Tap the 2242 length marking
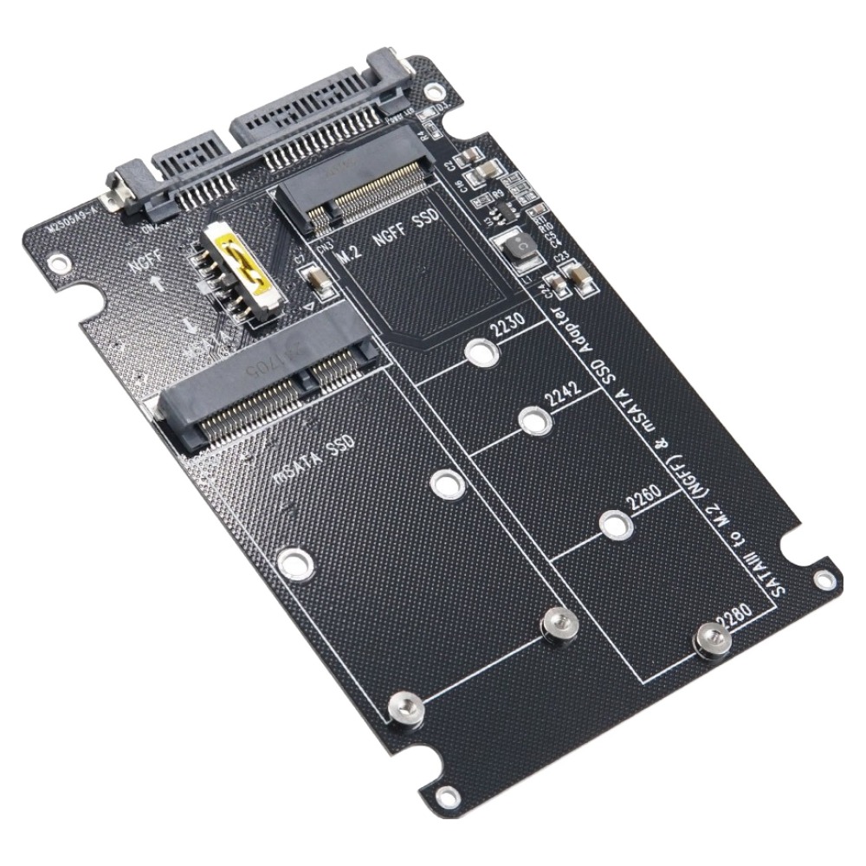(562, 397)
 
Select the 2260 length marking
(643, 500)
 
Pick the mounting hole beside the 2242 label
(534, 422)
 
